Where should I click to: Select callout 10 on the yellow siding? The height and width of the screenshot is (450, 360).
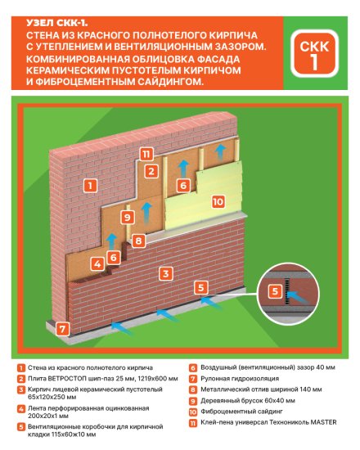pos(218,200)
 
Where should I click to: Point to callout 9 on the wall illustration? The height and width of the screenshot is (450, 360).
pos(126,217)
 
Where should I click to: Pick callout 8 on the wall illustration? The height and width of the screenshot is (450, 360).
pos(139,241)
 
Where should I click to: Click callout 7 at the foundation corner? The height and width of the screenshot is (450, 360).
pos(65,330)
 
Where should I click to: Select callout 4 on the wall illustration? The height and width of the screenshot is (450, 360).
pos(97,263)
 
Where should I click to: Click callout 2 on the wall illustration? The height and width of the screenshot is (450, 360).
pos(151,171)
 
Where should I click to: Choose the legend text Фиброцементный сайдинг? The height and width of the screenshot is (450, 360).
pos(235,412)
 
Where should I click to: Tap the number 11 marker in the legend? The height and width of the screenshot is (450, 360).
pos(191,423)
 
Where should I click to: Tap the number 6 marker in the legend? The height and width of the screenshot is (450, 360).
pos(191,368)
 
